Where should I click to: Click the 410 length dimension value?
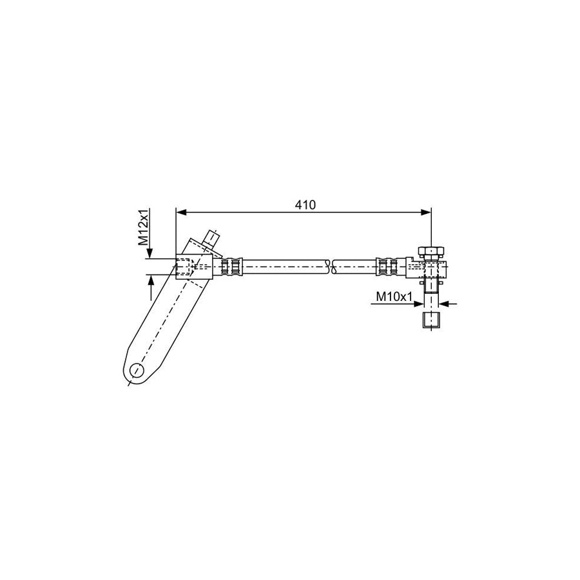[x=305, y=205]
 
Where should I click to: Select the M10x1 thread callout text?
[x=394, y=296]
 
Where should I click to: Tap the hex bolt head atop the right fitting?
[x=430, y=250]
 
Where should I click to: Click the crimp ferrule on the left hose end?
[x=233, y=266]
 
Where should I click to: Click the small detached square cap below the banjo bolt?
[x=430, y=320]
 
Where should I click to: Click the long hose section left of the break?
[x=284, y=266]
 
